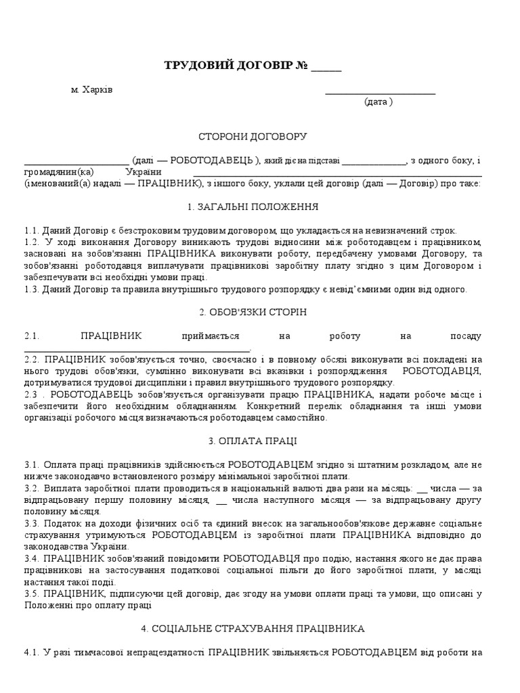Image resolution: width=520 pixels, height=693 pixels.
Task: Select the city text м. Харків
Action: [92, 90]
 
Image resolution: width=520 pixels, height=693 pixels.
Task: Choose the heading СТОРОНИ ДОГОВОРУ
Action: [253, 137]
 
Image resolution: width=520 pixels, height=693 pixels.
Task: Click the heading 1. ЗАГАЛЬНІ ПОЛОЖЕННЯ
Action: [253, 207]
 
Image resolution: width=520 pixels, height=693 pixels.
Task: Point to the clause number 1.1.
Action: [32, 230]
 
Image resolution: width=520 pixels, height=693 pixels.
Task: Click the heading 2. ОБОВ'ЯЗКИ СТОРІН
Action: [253, 311]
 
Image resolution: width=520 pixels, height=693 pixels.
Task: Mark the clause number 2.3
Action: [32, 394]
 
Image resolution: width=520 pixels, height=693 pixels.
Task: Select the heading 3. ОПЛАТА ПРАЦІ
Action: [253, 441]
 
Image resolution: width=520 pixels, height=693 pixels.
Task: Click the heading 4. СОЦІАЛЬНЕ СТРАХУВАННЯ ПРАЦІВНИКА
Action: [253, 629]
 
